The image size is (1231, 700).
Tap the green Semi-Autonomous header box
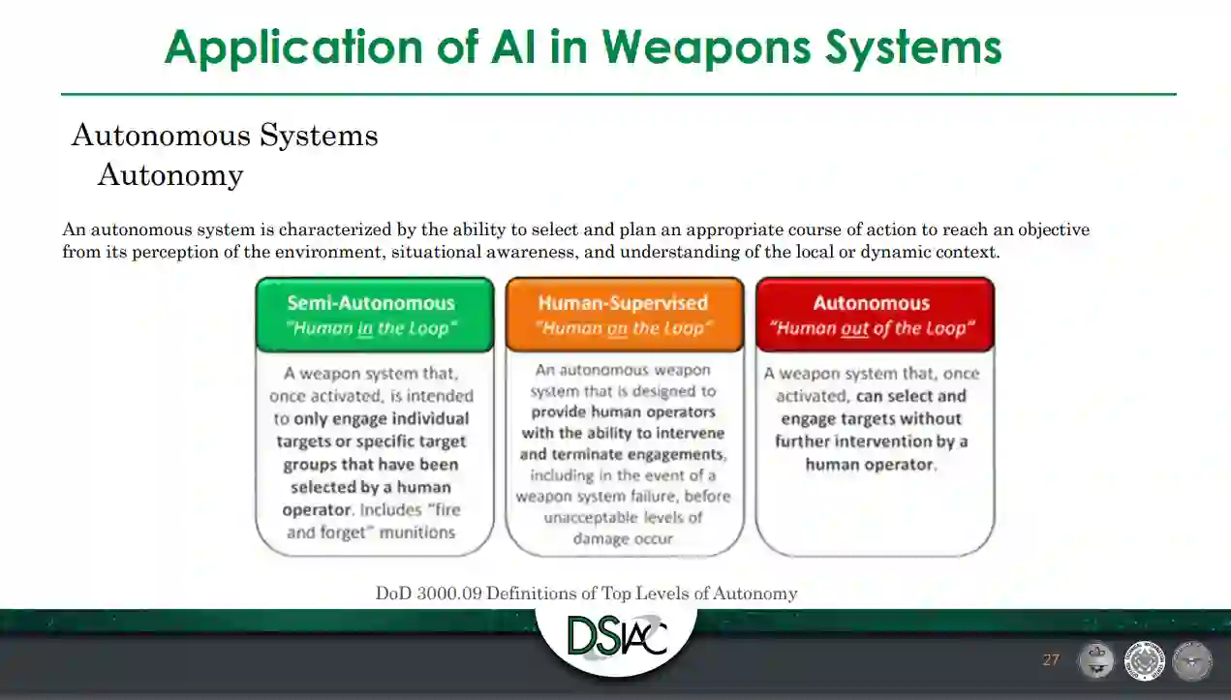coord(374,315)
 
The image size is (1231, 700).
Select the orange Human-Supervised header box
coord(624,315)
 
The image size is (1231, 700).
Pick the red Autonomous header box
coord(874,315)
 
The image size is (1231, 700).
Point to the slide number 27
coord(1051,660)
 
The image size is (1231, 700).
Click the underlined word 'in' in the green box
coord(364,328)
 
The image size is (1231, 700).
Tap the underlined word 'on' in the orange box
coord(618,328)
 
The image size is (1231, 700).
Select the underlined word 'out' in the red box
coord(854,328)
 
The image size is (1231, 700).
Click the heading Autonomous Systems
coord(225,136)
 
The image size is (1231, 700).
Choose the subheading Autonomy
coord(170,175)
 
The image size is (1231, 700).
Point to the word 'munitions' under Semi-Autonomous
coord(418,533)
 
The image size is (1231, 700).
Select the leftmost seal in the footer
coord(1096,661)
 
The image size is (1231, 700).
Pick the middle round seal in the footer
coord(1145,661)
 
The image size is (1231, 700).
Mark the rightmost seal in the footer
coord(1192,661)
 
